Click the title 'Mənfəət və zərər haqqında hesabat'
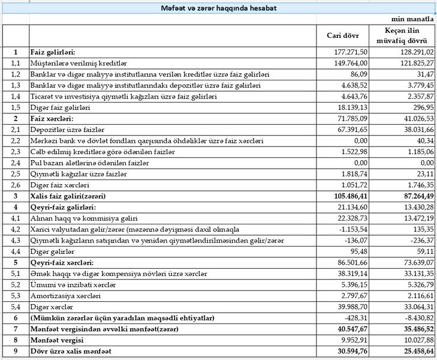tap(218, 8)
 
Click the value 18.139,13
tap(352, 107)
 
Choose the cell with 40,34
tap(423, 140)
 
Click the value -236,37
tap(420, 240)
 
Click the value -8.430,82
tap(415, 317)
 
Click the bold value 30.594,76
tap(352, 350)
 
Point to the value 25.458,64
tap(411, 350)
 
